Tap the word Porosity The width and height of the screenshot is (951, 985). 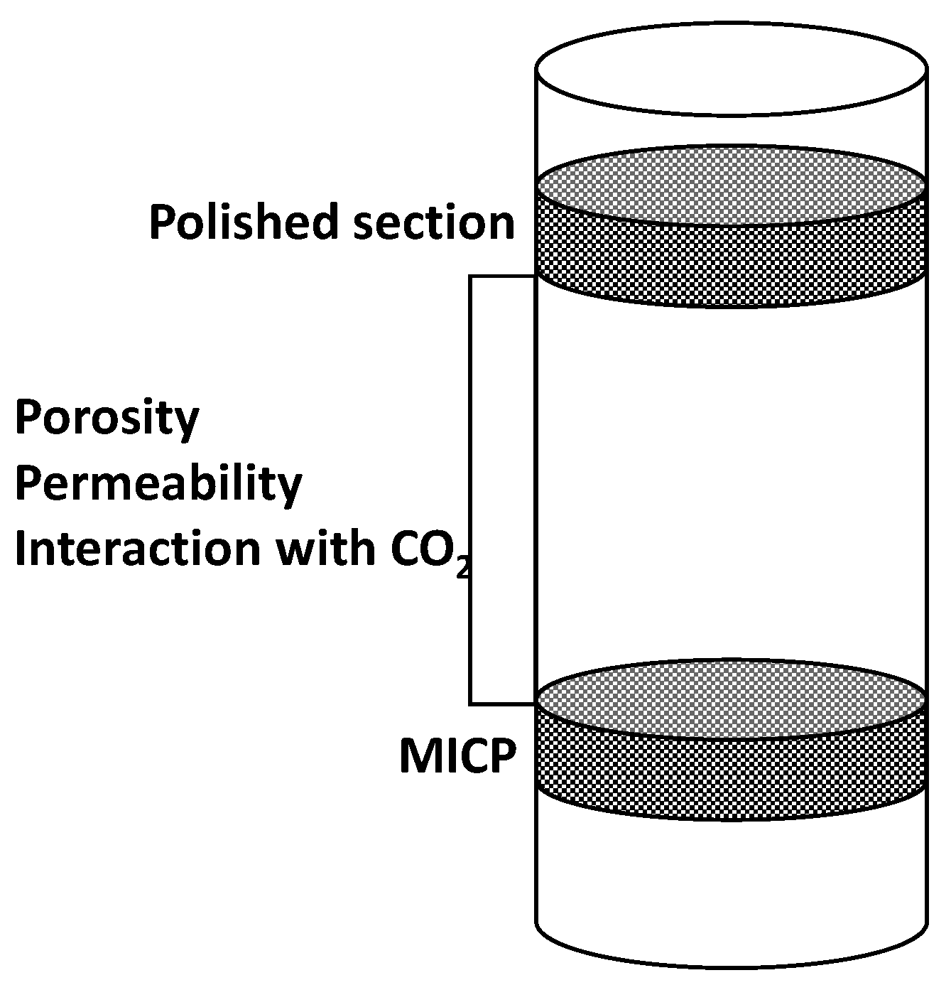[x=107, y=419]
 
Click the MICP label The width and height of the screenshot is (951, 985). [x=457, y=756]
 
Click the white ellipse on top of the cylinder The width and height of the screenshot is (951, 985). [x=732, y=71]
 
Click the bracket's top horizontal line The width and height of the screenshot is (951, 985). [x=502, y=276]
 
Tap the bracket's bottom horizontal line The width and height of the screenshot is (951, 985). [x=502, y=704]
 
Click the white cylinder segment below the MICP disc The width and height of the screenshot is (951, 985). [x=732, y=888]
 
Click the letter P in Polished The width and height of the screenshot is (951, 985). [x=163, y=223]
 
